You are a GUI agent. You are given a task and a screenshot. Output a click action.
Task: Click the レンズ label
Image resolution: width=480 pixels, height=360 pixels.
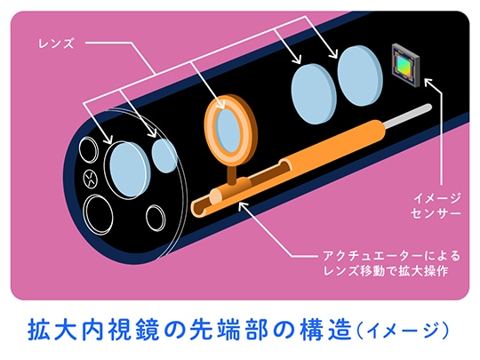point(56,44)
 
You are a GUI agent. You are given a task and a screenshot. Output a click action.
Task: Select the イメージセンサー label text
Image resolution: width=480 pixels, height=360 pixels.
point(436,205)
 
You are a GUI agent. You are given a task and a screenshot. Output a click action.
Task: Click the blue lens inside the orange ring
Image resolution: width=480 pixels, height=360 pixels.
point(228,130)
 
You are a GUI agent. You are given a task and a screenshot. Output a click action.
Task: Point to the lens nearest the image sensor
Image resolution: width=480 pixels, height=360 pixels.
point(360,76)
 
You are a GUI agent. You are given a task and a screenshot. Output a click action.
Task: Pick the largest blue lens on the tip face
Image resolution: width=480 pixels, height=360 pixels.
point(130,170)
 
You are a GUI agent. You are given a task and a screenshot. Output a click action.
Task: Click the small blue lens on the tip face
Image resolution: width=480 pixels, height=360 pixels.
point(164,156)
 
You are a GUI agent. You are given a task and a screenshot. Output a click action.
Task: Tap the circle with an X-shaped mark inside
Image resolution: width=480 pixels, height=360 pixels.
point(91,179)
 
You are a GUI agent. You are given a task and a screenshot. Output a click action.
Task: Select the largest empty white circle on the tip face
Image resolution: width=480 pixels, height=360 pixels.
point(98,215)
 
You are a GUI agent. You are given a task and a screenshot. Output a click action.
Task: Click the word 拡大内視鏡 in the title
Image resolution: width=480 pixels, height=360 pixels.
point(93,330)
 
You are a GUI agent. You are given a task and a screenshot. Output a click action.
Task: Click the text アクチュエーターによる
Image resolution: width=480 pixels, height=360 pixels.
point(392,256)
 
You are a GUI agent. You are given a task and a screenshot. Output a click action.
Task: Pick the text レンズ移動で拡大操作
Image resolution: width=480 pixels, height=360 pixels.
point(386,271)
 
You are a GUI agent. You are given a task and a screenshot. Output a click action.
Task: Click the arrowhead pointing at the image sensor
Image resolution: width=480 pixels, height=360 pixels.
point(428,83)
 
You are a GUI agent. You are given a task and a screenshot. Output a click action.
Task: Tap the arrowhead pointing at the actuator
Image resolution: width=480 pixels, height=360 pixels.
point(243,205)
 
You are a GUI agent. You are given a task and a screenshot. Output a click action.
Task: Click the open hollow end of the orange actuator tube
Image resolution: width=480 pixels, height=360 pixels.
point(198,209)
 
